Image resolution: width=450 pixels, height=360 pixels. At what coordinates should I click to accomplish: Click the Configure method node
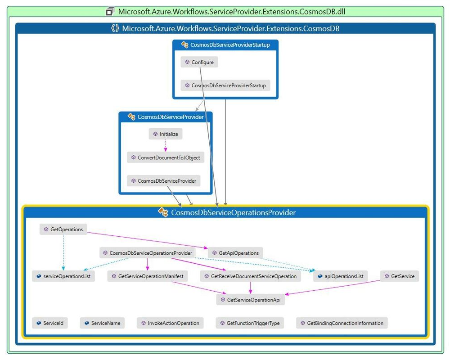[x=199, y=62]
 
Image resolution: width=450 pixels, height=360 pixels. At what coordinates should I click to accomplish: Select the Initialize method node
[x=166, y=134]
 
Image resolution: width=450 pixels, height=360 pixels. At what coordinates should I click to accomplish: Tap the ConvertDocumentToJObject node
[x=166, y=157]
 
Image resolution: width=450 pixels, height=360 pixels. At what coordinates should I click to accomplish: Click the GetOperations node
[x=63, y=229]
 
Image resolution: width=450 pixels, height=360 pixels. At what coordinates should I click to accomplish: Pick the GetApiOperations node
[x=235, y=253]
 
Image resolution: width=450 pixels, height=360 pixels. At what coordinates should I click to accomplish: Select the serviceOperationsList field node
[x=63, y=276]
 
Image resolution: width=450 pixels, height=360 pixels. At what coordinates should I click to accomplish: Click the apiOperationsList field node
[x=340, y=276]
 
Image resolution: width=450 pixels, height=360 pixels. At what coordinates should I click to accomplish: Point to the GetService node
[x=400, y=276]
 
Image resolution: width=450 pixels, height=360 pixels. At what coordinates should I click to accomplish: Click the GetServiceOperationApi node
[x=250, y=300]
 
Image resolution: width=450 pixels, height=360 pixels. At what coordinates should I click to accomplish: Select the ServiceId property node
[x=50, y=323]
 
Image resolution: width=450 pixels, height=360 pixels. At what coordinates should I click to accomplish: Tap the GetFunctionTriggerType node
[x=250, y=323]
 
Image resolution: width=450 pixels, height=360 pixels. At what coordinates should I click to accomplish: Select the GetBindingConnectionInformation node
[x=342, y=323]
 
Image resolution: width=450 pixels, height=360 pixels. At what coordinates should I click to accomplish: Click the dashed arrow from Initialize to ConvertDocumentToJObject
[x=166, y=145]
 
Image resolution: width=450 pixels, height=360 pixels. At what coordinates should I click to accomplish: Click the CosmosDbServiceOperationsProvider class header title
[x=233, y=212]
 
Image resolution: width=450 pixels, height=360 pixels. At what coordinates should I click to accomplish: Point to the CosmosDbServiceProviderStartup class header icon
[x=184, y=45]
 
